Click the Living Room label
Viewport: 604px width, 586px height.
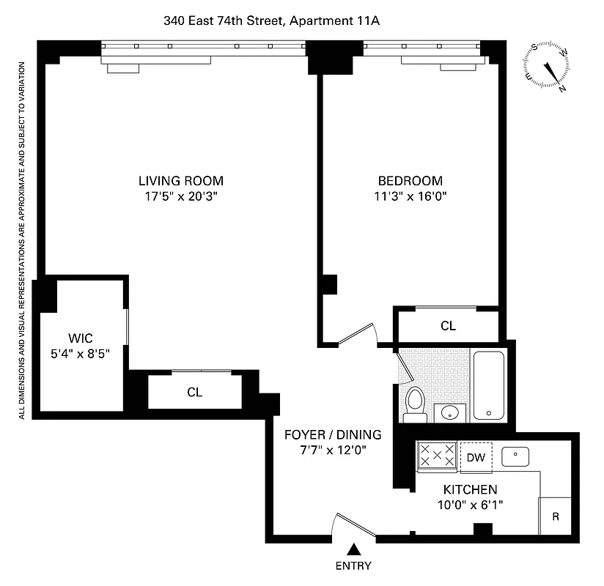click(x=181, y=181)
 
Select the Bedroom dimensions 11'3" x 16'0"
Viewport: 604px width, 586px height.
click(x=410, y=196)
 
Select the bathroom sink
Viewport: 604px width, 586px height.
click(x=448, y=413)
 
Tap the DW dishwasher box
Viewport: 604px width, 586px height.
click(x=476, y=457)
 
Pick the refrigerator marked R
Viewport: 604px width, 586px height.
click(x=556, y=516)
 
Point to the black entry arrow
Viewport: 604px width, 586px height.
click(x=354, y=549)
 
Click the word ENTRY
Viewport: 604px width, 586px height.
click(x=353, y=565)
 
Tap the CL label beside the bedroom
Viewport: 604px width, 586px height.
click(x=448, y=326)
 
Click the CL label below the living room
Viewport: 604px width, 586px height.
click(x=194, y=392)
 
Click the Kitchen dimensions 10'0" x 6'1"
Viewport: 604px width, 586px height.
click(x=470, y=505)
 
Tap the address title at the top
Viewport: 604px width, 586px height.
click(x=271, y=22)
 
